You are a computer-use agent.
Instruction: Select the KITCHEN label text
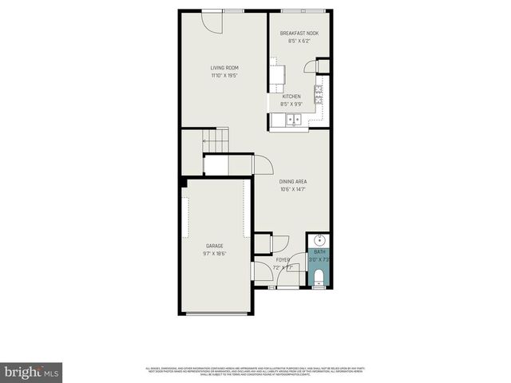click(x=291, y=97)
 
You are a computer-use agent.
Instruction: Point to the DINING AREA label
click(x=293, y=181)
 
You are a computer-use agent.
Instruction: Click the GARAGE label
click(x=214, y=246)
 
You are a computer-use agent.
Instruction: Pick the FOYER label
click(x=283, y=260)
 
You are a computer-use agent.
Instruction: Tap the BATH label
click(x=319, y=252)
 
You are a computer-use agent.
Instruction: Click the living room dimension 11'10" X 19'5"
click(x=224, y=76)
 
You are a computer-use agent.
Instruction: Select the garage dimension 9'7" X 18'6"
click(x=214, y=254)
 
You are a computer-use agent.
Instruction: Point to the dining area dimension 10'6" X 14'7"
click(x=293, y=189)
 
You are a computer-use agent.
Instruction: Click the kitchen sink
click(x=292, y=121)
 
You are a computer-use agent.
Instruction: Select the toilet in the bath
click(x=319, y=277)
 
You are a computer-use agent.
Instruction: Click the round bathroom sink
click(x=319, y=239)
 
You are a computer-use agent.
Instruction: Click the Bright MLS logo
click(x=32, y=372)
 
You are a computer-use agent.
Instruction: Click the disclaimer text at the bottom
click(x=255, y=370)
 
